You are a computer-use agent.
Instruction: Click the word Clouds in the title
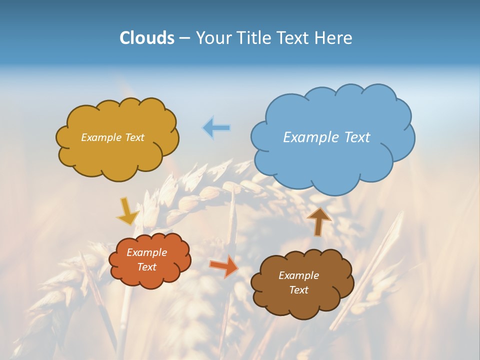147,38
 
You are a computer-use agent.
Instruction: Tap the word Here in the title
333,38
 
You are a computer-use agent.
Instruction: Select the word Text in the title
293,38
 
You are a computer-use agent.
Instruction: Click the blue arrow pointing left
216,128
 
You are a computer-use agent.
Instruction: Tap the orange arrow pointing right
223,266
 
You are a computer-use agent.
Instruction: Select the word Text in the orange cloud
147,267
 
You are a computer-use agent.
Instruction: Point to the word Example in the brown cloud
298,275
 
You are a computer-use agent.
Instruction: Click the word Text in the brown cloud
298,290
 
